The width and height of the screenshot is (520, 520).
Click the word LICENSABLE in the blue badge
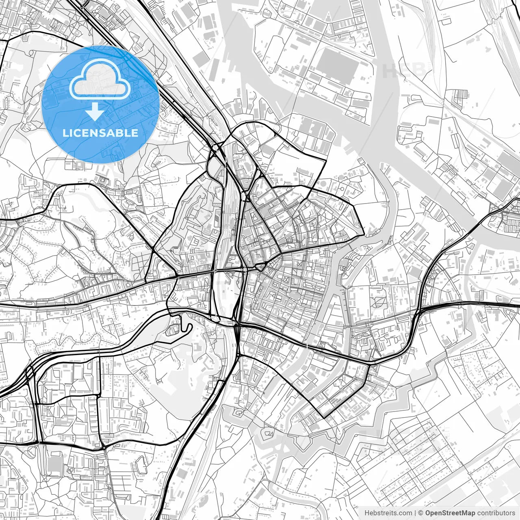(100, 133)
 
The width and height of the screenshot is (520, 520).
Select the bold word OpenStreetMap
(450, 513)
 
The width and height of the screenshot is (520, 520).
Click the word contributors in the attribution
(496, 513)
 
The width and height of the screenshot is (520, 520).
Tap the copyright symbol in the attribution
(421, 513)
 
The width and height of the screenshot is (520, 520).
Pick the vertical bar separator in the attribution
(415, 513)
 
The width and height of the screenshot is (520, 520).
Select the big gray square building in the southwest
(54, 464)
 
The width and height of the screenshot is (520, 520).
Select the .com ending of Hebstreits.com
(405, 513)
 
